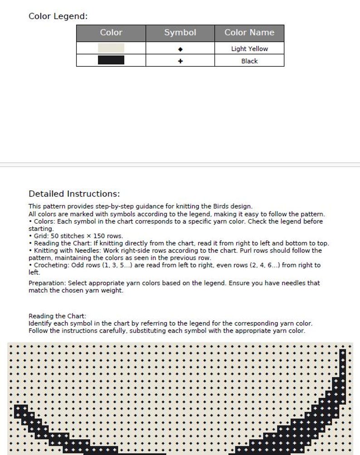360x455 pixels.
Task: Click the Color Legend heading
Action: tap(58, 16)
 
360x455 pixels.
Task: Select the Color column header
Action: tap(111, 33)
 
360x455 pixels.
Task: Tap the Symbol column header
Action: tap(180, 33)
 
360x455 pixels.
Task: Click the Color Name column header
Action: tap(249, 33)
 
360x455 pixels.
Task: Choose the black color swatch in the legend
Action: tap(111, 60)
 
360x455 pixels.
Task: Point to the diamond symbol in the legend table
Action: tap(180, 49)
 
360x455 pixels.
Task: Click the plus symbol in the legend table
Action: tap(180, 61)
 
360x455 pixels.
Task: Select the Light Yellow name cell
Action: tap(249, 49)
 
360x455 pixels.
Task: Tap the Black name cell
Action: tap(249, 61)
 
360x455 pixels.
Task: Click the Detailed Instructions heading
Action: tap(74, 194)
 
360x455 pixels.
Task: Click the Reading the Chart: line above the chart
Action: tap(57, 316)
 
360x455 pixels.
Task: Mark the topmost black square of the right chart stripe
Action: tap(343, 352)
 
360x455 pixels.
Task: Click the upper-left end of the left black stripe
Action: tap(18, 408)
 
